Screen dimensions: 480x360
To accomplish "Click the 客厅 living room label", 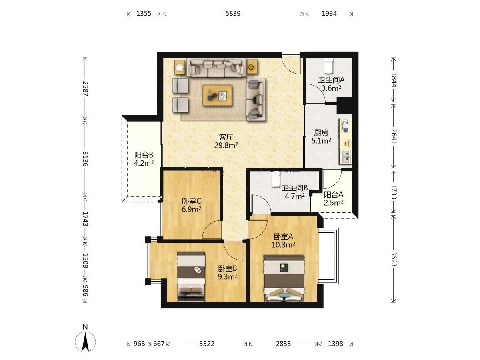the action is [x=226, y=137].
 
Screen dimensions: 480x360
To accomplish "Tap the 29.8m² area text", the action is [x=226, y=145].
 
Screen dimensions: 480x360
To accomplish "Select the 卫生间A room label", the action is [x=331, y=80].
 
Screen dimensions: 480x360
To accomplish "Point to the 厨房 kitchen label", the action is [x=321, y=132].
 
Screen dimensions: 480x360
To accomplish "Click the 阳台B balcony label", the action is [x=144, y=155].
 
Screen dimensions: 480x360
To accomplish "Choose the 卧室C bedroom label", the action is [x=191, y=201].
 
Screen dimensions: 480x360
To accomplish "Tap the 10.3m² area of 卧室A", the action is [x=283, y=244].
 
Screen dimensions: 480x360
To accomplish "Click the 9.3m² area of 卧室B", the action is [x=228, y=277].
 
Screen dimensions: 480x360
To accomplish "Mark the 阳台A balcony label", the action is [x=333, y=194].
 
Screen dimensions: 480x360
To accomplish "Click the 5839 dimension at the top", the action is [x=233, y=13].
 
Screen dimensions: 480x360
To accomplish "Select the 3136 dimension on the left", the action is [x=85, y=159].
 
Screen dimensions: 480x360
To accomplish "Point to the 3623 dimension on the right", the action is [x=394, y=259].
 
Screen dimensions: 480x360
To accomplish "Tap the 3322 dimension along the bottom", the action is [x=207, y=344].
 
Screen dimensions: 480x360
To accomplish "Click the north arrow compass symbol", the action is [x=85, y=341].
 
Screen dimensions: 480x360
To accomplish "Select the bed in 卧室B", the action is [x=191, y=276].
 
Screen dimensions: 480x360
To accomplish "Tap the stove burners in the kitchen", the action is [x=346, y=126].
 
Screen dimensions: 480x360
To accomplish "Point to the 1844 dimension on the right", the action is [x=394, y=80].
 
